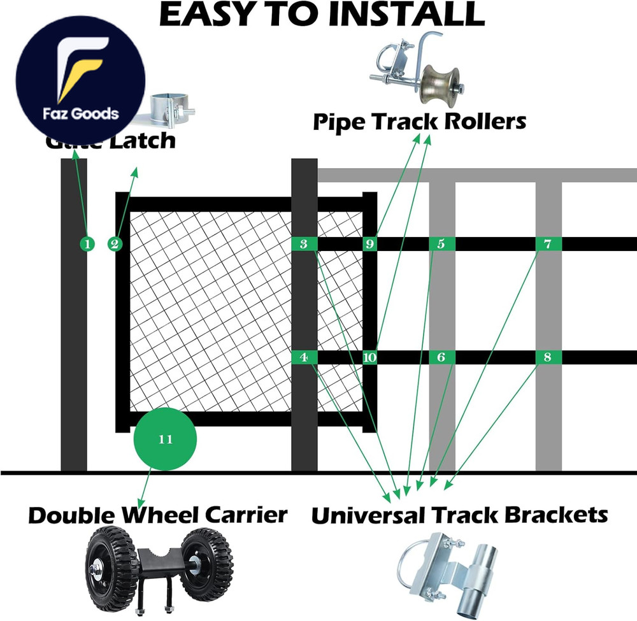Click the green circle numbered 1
(88, 243)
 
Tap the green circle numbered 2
(115, 243)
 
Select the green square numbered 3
(304, 243)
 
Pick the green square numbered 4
(304, 357)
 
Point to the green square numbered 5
(441, 243)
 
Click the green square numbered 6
(441, 357)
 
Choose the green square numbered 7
(548, 243)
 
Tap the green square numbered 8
(548, 357)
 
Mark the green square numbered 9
(370, 243)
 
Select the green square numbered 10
(370, 357)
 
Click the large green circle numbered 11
(165, 439)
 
